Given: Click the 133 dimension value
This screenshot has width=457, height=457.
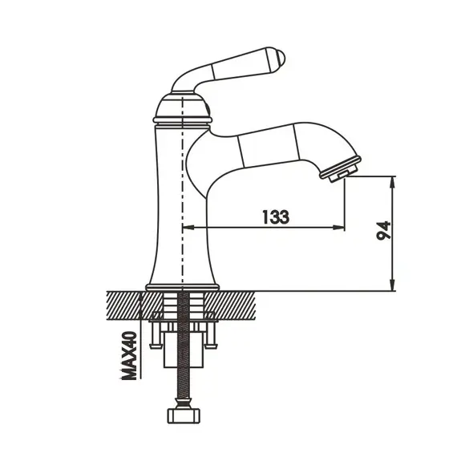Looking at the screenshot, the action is (276, 216).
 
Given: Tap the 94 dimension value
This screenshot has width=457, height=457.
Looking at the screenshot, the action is (383, 230).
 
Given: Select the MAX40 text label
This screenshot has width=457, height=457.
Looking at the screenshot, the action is (128, 355).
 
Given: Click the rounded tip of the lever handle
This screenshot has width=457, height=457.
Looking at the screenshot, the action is (281, 58).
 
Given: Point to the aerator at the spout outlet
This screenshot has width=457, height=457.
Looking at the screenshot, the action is (341, 170).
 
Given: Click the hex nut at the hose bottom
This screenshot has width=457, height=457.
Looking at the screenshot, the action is (184, 415).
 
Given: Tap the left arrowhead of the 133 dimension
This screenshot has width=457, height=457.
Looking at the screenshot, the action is (188, 227).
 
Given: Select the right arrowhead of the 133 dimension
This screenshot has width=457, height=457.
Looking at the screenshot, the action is (338, 227).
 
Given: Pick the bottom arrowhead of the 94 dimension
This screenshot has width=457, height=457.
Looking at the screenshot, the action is (393, 285).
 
